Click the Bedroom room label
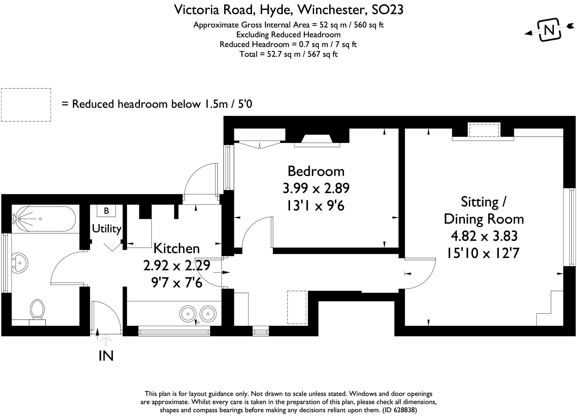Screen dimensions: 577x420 (x=316, y=171)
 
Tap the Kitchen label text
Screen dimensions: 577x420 (x=177, y=248)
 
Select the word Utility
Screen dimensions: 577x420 (x=106, y=229)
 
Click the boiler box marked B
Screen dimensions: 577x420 (x=106, y=211)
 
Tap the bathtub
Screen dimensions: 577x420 (x=44, y=219)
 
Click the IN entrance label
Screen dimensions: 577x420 (x=106, y=356)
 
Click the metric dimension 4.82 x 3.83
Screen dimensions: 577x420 (x=484, y=236)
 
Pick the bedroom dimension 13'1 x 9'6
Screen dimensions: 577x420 (x=316, y=206)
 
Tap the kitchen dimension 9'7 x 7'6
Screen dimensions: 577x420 (x=177, y=283)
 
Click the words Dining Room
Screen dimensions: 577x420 (x=484, y=219)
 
